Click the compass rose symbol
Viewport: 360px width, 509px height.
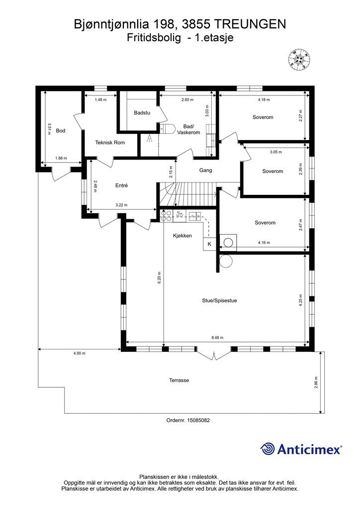click(299, 59)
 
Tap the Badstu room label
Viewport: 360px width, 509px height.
click(142, 113)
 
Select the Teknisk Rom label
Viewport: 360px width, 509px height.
click(110, 143)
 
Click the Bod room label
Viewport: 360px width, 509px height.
click(61, 131)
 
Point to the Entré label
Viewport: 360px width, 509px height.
click(122, 185)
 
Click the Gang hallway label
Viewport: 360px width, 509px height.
click(205, 170)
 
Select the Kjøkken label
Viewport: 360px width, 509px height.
click(182, 236)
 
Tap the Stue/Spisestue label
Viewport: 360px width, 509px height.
click(219, 301)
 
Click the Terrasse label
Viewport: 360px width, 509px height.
click(179, 380)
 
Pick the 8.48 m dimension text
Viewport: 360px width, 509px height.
click(217, 338)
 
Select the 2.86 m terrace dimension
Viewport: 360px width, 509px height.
click(316, 382)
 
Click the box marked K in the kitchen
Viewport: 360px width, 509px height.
click(209, 244)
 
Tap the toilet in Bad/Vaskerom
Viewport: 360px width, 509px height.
click(167, 129)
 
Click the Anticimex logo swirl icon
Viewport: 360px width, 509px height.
click(267, 449)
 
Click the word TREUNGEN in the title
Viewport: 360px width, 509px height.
click(250, 24)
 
